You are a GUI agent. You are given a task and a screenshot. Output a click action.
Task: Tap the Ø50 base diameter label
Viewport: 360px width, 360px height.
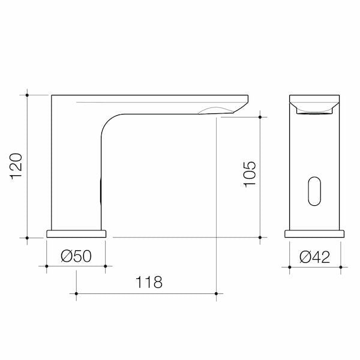coord(76,257)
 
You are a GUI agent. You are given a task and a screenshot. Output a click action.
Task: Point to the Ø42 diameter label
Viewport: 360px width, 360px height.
coord(315,257)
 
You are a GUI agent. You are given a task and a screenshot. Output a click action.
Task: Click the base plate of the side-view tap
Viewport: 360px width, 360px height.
coord(76,233)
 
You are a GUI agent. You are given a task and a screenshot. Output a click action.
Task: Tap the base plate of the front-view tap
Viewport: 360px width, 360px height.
coord(315,233)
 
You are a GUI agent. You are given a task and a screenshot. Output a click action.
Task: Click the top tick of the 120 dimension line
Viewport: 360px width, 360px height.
coord(28,94)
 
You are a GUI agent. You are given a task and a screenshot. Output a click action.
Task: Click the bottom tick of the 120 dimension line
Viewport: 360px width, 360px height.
coord(28,238)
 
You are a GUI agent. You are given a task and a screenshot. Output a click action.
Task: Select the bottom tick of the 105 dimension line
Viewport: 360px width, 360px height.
coord(260,238)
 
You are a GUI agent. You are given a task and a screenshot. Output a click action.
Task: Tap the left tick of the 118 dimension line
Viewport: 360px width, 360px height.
coord(76,293)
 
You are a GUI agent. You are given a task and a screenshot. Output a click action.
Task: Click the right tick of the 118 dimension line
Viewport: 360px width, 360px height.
coord(217,293)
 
